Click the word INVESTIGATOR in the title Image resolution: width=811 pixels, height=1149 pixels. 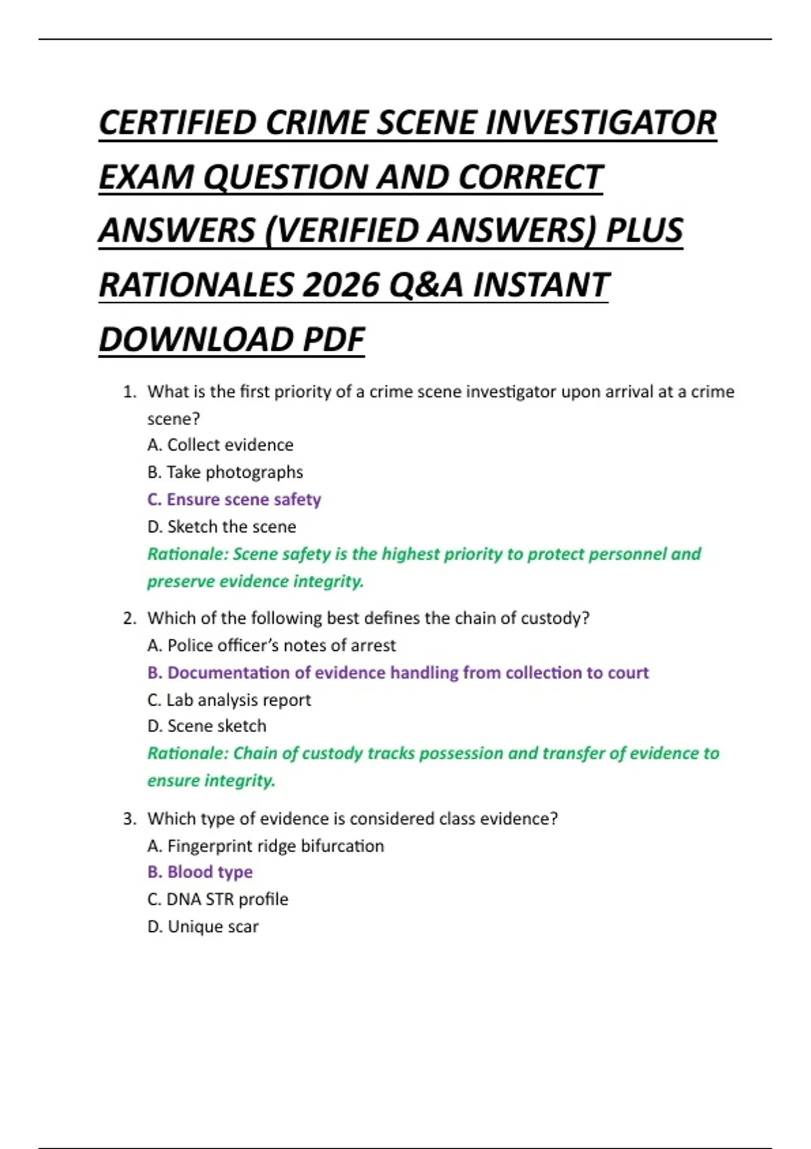pyautogui.click(x=601, y=123)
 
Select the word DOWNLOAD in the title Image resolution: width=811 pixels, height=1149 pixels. pyautogui.click(x=196, y=339)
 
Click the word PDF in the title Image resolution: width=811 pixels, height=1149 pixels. pyautogui.click(x=333, y=339)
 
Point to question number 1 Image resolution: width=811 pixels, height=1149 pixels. pyautogui.click(x=130, y=392)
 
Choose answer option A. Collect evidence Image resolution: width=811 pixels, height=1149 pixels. pyautogui.click(x=220, y=445)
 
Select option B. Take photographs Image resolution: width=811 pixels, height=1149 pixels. pyautogui.click(x=225, y=472)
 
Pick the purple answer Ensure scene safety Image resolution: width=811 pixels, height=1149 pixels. pyautogui.click(x=234, y=499)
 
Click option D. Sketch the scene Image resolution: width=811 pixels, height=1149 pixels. pyautogui.click(x=222, y=527)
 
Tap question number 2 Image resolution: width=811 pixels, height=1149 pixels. pyautogui.click(x=130, y=618)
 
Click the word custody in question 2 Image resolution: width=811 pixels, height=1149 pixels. pyautogui.click(x=554, y=618)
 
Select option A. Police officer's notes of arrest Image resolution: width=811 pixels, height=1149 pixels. pyautogui.click(x=272, y=645)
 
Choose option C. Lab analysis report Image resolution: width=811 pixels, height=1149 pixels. pyautogui.click(x=229, y=700)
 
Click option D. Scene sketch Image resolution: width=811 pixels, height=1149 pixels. pyautogui.click(x=207, y=726)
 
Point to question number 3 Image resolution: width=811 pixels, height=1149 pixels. pyautogui.click(x=130, y=819)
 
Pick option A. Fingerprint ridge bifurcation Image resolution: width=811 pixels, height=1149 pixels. pyautogui.click(x=266, y=846)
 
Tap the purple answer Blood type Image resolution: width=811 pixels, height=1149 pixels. pyautogui.click(x=200, y=872)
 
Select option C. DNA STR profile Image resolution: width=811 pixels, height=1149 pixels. pyautogui.click(x=218, y=899)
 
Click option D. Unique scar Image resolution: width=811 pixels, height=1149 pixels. pyautogui.click(x=203, y=927)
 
